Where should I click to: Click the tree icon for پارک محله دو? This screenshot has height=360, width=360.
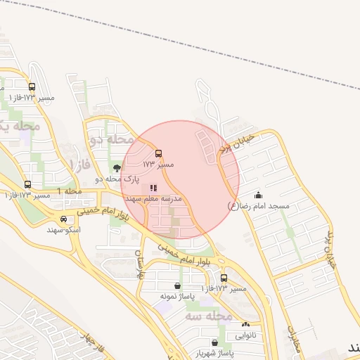tap(117, 168)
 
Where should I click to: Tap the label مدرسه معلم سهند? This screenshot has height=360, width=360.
tap(153, 199)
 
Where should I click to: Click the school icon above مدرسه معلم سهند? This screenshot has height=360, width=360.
tap(153, 188)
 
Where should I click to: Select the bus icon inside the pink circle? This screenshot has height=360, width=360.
tap(158, 153)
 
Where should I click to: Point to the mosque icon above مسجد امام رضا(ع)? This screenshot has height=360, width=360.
tap(259, 195)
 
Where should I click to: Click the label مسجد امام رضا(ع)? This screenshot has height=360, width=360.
tap(259, 206)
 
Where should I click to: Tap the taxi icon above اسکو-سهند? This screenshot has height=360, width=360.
tap(64, 219)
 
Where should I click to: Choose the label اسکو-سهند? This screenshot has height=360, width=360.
tap(64, 230)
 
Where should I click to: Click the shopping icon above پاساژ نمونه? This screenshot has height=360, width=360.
tap(176, 285)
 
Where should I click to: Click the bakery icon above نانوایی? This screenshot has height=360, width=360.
tap(245, 325)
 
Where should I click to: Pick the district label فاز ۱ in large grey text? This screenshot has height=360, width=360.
tap(79, 163)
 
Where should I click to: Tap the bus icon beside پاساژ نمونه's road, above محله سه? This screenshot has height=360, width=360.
tap(224, 278)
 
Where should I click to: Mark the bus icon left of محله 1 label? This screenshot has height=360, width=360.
tap(27, 184)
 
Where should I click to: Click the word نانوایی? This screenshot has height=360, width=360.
tap(245, 335)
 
